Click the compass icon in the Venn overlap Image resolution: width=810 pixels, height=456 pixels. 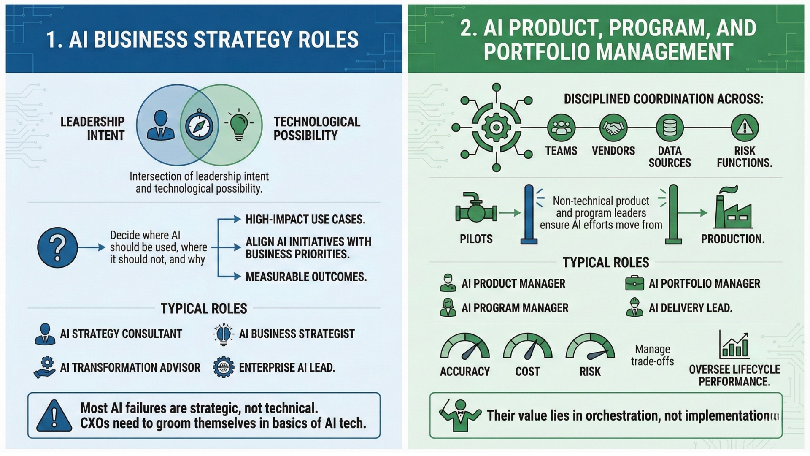(x=199, y=125)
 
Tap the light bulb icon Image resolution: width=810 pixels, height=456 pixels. (x=239, y=125)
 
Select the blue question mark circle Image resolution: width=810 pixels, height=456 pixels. (x=57, y=247)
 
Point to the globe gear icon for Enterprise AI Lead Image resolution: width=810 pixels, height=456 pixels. (x=223, y=367)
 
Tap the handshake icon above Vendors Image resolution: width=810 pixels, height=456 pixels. (x=613, y=128)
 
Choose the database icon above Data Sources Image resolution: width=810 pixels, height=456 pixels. (x=670, y=128)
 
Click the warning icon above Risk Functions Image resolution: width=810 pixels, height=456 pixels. (x=745, y=128)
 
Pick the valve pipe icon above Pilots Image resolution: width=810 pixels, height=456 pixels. (x=476, y=207)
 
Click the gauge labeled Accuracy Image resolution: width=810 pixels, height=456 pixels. (x=465, y=347)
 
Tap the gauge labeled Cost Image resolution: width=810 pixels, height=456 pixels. (x=528, y=347)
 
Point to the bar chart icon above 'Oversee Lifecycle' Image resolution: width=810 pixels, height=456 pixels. (x=734, y=345)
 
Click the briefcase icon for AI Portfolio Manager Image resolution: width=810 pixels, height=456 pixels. (x=634, y=283)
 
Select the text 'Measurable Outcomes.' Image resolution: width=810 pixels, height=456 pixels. (x=306, y=277)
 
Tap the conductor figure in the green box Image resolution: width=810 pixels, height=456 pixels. (x=459, y=415)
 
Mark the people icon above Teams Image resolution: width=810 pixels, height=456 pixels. (x=561, y=128)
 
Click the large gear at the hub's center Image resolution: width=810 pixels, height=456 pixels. (x=496, y=127)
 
